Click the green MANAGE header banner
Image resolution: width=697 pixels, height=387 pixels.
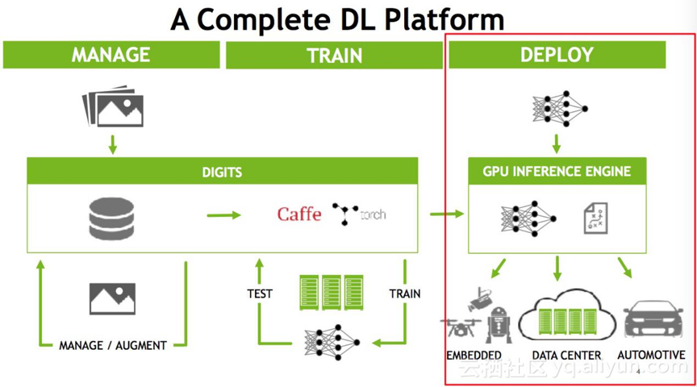click(111, 55)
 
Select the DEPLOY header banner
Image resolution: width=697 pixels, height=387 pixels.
click(557, 55)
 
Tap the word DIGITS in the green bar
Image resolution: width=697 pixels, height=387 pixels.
click(223, 172)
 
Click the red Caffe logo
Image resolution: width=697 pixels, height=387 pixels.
click(299, 214)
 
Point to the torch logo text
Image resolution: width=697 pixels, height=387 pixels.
click(373, 215)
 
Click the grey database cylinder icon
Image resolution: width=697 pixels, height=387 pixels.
click(111, 218)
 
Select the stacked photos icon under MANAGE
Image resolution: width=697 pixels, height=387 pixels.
click(113, 106)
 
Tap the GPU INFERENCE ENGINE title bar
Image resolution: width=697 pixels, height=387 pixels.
click(557, 171)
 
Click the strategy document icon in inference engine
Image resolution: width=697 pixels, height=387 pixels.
click(595, 218)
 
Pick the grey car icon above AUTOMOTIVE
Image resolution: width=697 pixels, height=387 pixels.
click(653, 319)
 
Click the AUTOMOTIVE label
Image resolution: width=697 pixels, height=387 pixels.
click(651, 355)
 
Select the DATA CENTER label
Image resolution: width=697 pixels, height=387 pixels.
click(567, 355)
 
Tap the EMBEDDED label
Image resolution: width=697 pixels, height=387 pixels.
click(474, 355)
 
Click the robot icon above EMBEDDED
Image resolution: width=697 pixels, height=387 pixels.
click(499, 325)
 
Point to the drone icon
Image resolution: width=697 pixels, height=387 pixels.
click(461, 327)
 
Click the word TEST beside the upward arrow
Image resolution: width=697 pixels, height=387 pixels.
click(260, 293)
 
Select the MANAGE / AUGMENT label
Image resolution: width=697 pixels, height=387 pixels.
click(113, 345)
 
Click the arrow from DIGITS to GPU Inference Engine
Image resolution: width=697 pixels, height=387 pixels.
click(447, 214)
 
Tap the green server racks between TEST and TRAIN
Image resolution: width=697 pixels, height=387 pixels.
click(332, 293)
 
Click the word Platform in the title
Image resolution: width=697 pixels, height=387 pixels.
click(444, 20)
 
